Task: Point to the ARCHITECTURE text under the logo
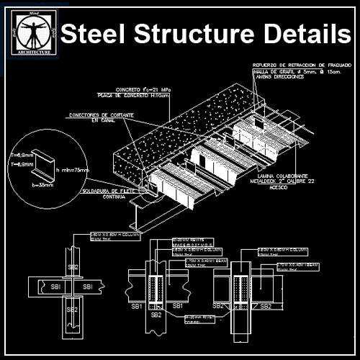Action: click(x=30, y=53)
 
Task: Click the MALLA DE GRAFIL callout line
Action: click(x=296, y=72)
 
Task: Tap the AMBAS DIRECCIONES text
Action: click(x=280, y=78)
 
